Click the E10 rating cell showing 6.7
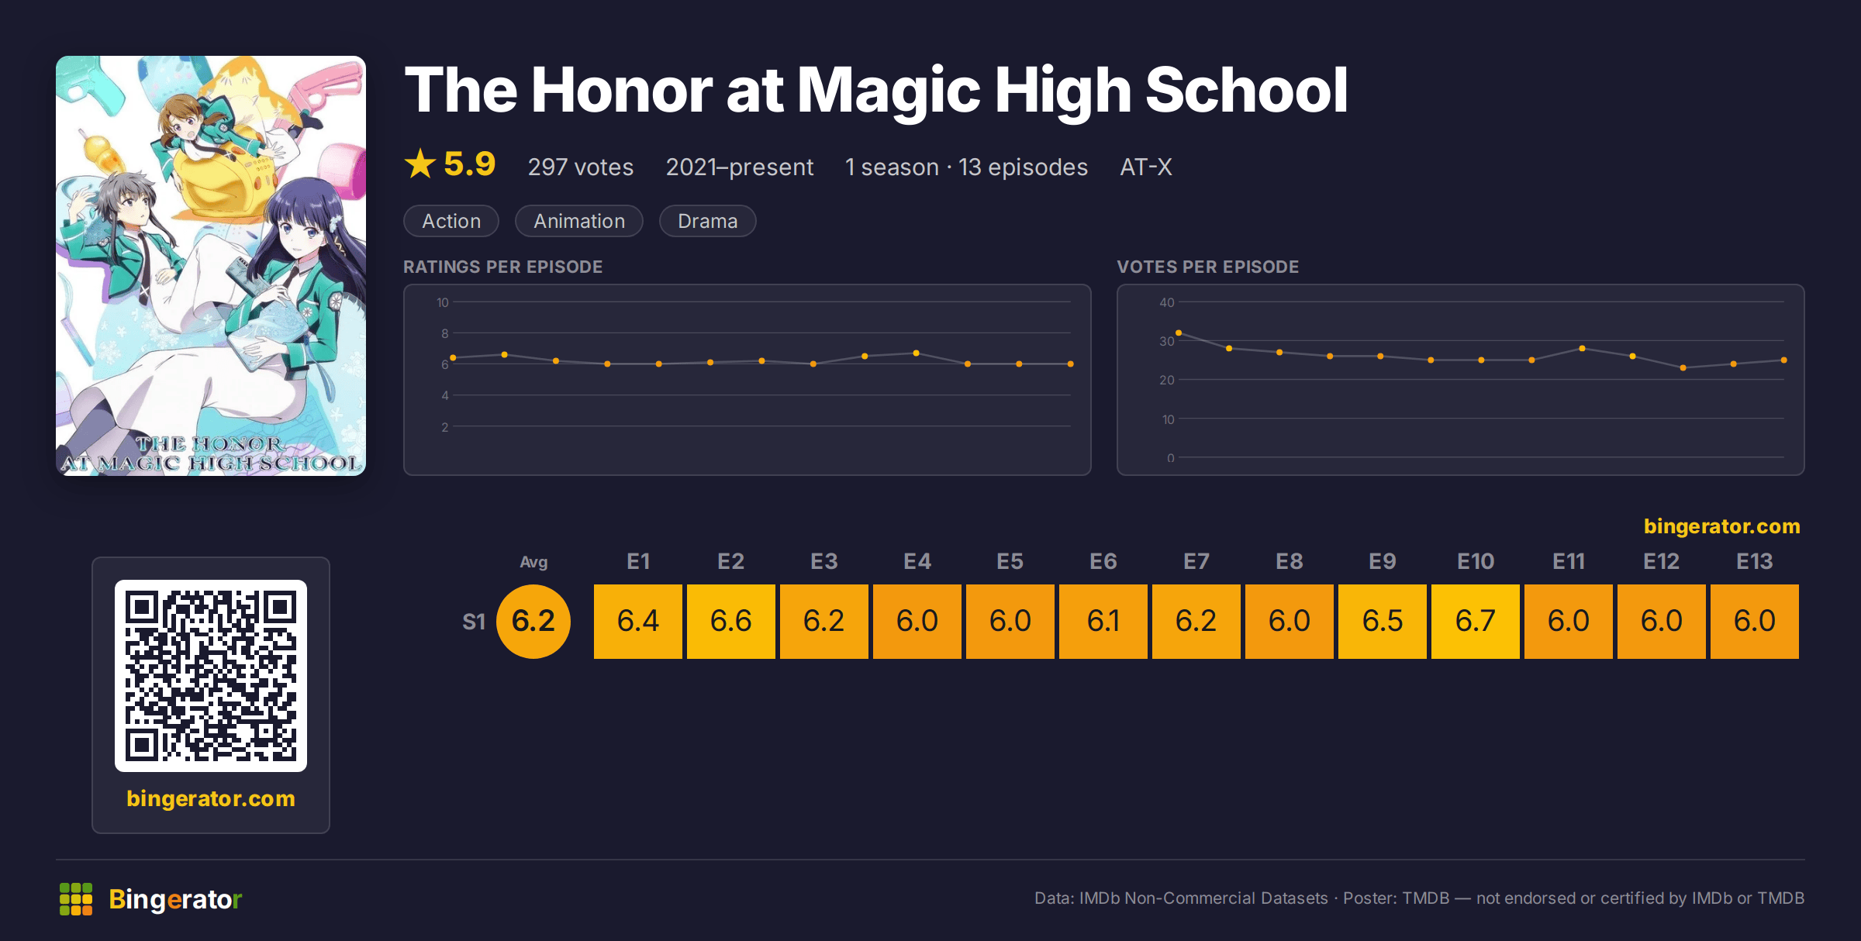[x=1475, y=622]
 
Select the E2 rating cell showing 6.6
[x=730, y=622]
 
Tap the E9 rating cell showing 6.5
[x=1382, y=622]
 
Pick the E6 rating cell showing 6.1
[x=1103, y=622]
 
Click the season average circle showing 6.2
[x=533, y=622]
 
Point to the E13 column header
[x=1754, y=561]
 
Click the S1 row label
[x=474, y=622]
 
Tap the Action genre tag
[x=451, y=221]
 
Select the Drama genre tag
[x=707, y=221]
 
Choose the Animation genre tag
[x=579, y=221]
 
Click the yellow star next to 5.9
[x=420, y=164]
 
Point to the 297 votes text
[x=581, y=167]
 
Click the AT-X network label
[x=1146, y=167]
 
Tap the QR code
[x=211, y=676]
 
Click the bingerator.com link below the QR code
[x=211, y=798]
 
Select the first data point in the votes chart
[x=1179, y=333]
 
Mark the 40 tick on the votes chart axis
[x=1166, y=302]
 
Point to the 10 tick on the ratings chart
[x=443, y=302]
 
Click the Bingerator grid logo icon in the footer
[x=76, y=899]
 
